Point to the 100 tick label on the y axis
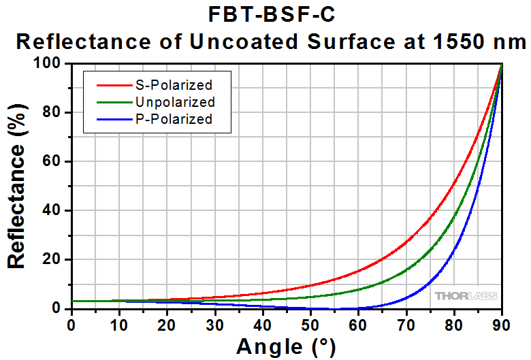52,63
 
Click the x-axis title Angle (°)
286,347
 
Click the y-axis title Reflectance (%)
18,185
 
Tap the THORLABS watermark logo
466,296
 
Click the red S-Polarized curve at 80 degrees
454,184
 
